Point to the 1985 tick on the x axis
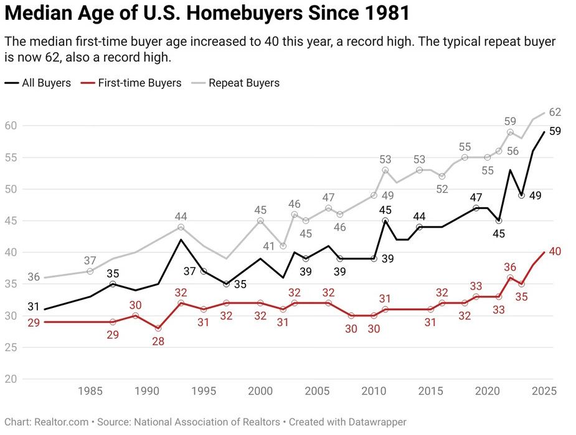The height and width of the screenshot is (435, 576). (90, 391)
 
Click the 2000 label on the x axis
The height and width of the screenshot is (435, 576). (260, 391)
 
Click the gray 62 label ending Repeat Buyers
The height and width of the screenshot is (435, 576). (555, 113)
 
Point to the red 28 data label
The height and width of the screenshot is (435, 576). (158, 342)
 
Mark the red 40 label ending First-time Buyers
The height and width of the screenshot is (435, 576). (555, 251)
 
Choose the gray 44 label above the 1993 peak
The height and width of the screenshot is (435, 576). (181, 217)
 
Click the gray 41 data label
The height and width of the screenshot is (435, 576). (269, 246)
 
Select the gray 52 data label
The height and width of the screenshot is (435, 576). (442, 189)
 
